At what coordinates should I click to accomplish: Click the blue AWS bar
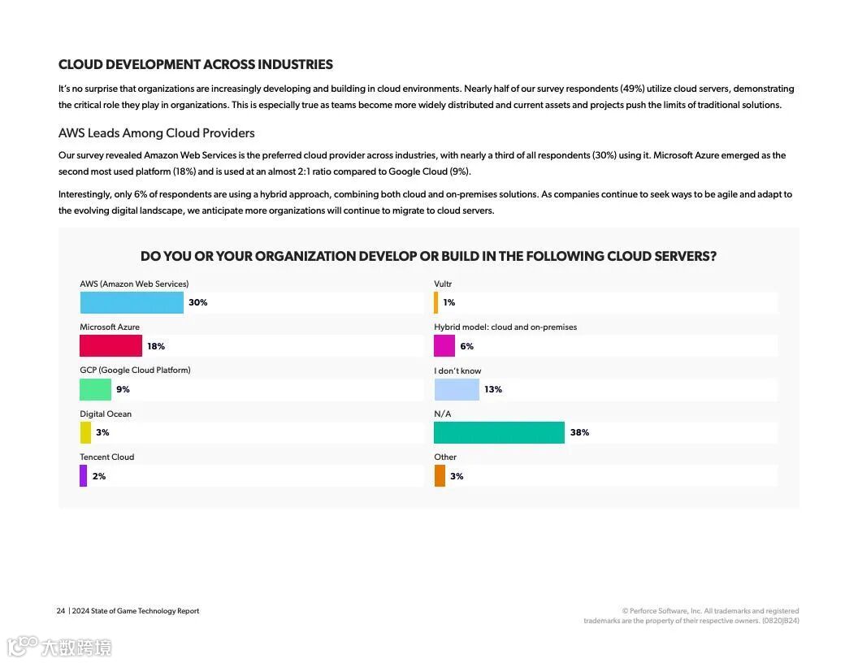pyautogui.click(x=132, y=302)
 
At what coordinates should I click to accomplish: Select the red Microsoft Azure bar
pyautogui.click(x=110, y=346)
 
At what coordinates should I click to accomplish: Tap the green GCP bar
pyautogui.click(x=95, y=389)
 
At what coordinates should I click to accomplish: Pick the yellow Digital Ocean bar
pyautogui.click(x=85, y=432)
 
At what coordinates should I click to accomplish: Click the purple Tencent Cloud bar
pyautogui.click(x=83, y=476)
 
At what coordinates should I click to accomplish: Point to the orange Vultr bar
pyautogui.click(x=436, y=302)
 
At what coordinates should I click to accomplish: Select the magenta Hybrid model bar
pyautogui.click(x=444, y=346)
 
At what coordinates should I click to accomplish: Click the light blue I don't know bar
pyautogui.click(x=457, y=389)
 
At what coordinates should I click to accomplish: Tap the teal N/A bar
pyautogui.click(x=499, y=432)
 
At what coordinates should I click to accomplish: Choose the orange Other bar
pyautogui.click(x=440, y=476)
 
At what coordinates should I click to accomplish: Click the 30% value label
pyautogui.click(x=198, y=302)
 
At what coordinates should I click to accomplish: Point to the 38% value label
pyautogui.click(x=579, y=432)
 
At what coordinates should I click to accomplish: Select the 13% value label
pyautogui.click(x=493, y=389)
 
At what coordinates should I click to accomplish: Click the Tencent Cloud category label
pyautogui.click(x=107, y=457)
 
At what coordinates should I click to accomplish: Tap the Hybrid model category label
pyautogui.click(x=505, y=327)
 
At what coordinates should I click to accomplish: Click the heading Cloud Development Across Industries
pyautogui.click(x=196, y=64)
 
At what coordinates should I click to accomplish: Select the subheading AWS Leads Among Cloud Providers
pyautogui.click(x=157, y=132)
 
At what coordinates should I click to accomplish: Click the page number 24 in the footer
pyautogui.click(x=61, y=611)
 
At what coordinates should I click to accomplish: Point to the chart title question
pyautogui.click(x=428, y=256)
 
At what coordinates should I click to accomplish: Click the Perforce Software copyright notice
pyautogui.click(x=691, y=616)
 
